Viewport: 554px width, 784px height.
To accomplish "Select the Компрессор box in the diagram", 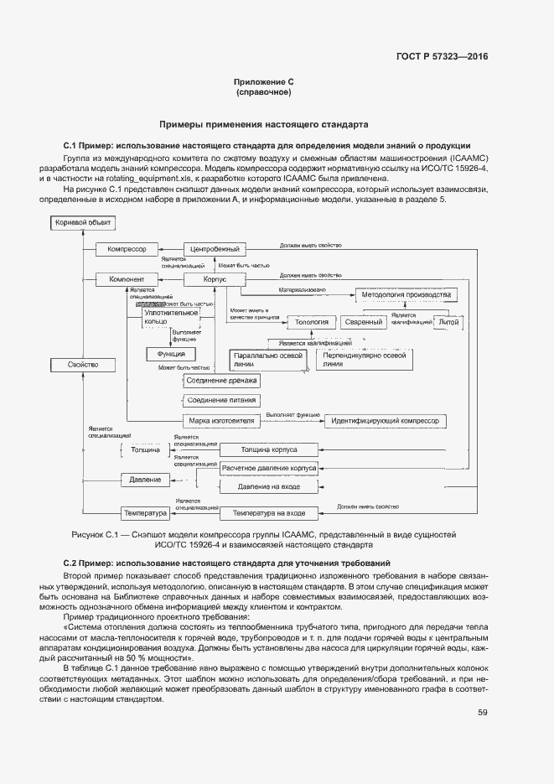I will click(127, 249).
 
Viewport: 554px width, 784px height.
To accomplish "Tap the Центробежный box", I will click(215, 249).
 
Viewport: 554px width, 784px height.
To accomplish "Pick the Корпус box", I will click(215, 279).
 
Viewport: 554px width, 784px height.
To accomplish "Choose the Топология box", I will click(311, 321).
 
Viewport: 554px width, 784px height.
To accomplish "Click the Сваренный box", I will click(364, 321).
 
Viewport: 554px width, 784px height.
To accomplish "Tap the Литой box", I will click(448, 320).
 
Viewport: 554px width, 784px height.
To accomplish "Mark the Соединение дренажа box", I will click(222, 381).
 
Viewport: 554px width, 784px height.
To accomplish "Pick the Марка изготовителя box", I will click(222, 420).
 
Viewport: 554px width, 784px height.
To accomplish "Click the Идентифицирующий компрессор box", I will click(386, 420).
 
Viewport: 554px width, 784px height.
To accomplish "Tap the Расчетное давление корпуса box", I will click(268, 469).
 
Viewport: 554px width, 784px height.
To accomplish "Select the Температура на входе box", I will click(268, 512).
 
